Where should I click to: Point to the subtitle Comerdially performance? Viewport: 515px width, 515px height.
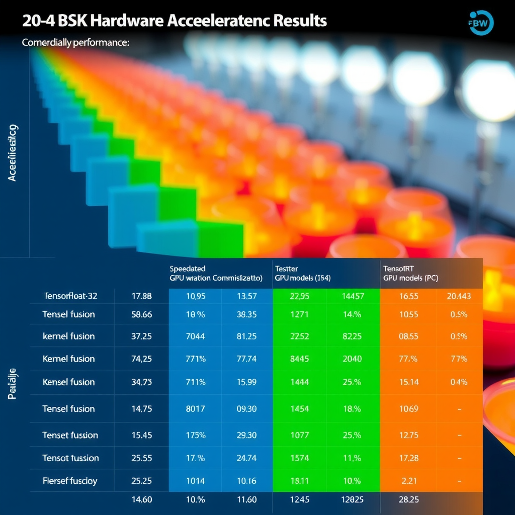click(x=76, y=43)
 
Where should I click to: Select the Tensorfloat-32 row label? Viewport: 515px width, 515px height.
click(x=71, y=296)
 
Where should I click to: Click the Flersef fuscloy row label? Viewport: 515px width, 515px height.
click(x=70, y=481)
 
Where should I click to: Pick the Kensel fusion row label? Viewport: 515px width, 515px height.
click(x=69, y=382)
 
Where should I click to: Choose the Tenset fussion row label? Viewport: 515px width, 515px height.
click(x=70, y=435)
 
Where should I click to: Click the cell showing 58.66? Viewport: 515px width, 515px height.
click(x=141, y=314)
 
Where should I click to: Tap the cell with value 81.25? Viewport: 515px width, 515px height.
click(x=246, y=336)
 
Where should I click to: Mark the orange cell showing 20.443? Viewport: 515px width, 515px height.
click(x=459, y=296)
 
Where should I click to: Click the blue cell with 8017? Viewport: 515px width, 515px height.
click(x=195, y=408)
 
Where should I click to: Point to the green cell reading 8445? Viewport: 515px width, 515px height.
click(x=300, y=359)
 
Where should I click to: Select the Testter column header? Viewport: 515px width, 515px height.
click(x=287, y=269)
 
